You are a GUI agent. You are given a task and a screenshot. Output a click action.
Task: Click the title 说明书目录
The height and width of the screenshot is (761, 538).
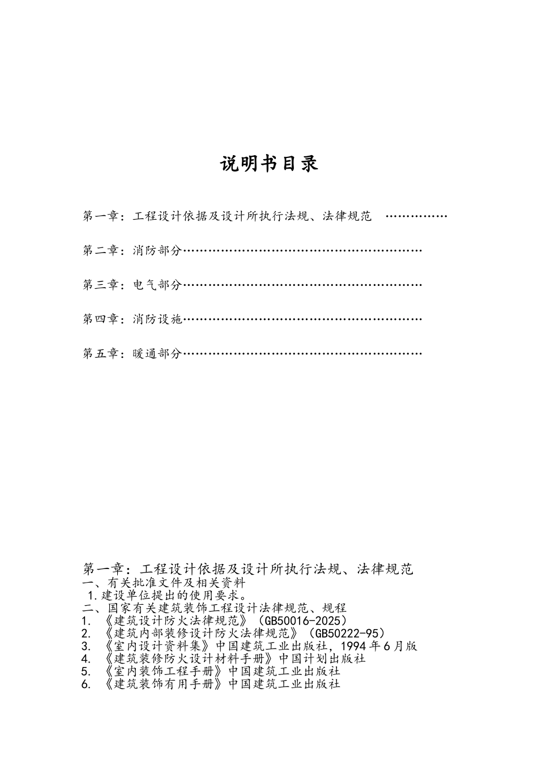coord(269,164)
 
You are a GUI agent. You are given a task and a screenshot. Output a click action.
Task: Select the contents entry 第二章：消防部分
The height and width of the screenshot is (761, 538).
coord(133,250)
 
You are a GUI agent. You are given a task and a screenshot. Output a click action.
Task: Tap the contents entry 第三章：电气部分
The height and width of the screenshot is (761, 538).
coord(133,285)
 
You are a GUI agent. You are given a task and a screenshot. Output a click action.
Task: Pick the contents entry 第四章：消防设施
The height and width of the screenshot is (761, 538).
coord(133,319)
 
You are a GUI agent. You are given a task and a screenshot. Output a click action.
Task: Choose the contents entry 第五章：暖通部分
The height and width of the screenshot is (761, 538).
coord(133,354)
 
